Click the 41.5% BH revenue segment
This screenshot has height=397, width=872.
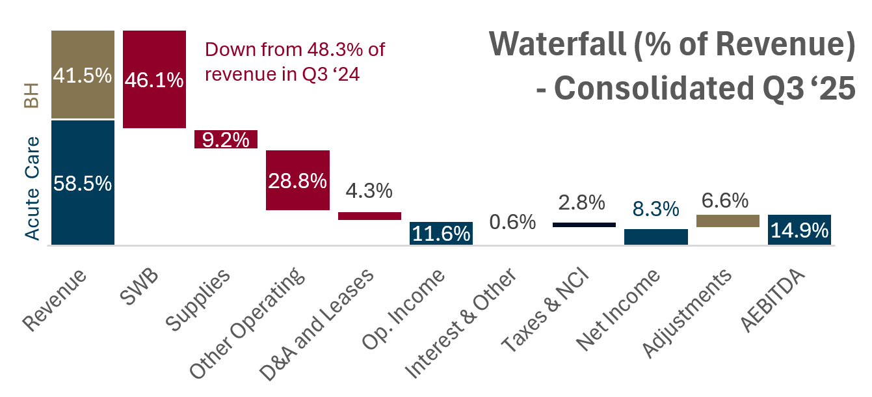point(83,75)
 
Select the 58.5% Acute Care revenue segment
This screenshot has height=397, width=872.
point(83,182)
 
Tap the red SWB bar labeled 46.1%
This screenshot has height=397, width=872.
point(155,79)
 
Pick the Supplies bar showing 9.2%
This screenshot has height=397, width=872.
point(226,139)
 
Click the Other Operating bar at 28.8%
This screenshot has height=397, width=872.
point(298,180)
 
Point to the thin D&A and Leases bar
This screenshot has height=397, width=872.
point(369,216)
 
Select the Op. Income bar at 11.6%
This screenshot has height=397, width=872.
point(441,233)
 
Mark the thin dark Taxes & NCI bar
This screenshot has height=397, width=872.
point(584,225)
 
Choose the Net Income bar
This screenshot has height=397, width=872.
point(655,237)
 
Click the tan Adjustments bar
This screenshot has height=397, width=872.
point(727,221)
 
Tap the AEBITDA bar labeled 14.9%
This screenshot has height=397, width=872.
point(799,230)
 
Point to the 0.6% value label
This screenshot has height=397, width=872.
point(512,223)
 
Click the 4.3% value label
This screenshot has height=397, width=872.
point(369,191)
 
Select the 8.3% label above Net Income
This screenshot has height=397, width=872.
point(655,210)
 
